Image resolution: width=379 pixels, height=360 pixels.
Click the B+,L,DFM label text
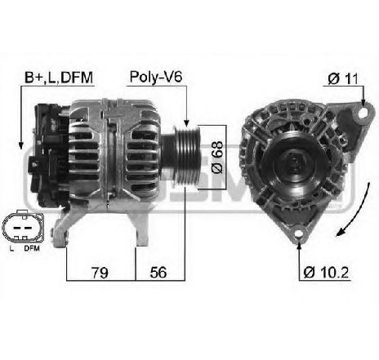(x=57, y=78)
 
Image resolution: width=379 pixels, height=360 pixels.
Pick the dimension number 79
(x=99, y=271)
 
